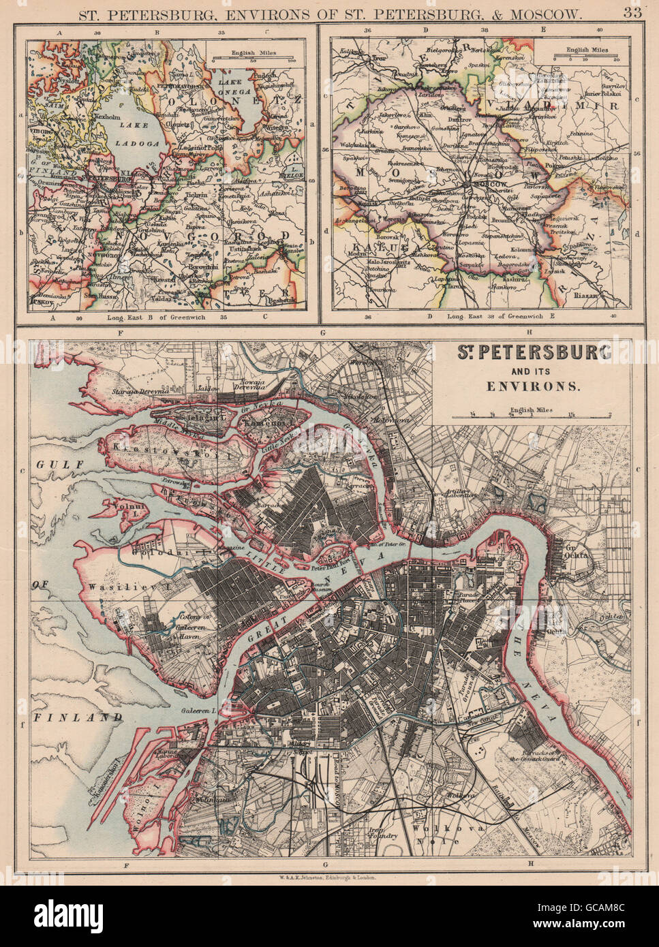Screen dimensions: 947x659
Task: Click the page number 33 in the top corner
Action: (639, 12)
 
